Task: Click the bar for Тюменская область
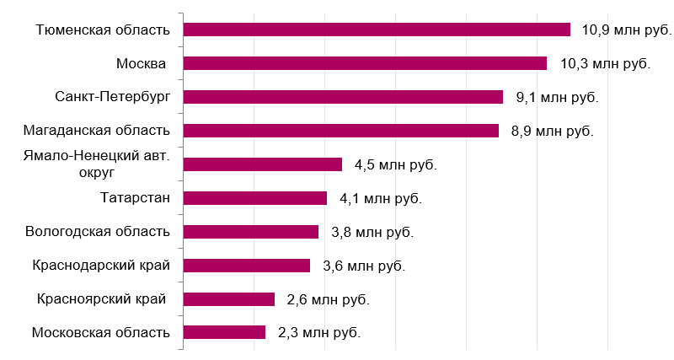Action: click(x=377, y=30)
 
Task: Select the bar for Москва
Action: click(x=365, y=63)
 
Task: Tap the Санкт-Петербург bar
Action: click(x=343, y=97)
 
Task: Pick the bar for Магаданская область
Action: click(x=340, y=131)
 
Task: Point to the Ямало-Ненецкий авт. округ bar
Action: click(x=262, y=164)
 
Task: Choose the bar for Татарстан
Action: click(x=254, y=198)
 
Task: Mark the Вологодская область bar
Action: click(x=250, y=232)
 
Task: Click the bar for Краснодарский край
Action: click(x=246, y=266)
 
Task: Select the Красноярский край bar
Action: click(x=228, y=299)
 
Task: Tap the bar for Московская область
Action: click(x=224, y=332)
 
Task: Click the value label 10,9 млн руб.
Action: click(x=626, y=30)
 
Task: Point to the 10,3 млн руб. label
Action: click(x=605, y=64)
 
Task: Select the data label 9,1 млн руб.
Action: click(x=557, y=98)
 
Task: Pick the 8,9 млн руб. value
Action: click(x=552, y=132)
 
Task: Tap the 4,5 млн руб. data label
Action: click(x=396, y=165)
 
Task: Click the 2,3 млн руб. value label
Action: click(x=319, y=333)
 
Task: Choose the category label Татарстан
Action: click(x=135, y=198)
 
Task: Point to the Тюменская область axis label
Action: click(x=103, y=30)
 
